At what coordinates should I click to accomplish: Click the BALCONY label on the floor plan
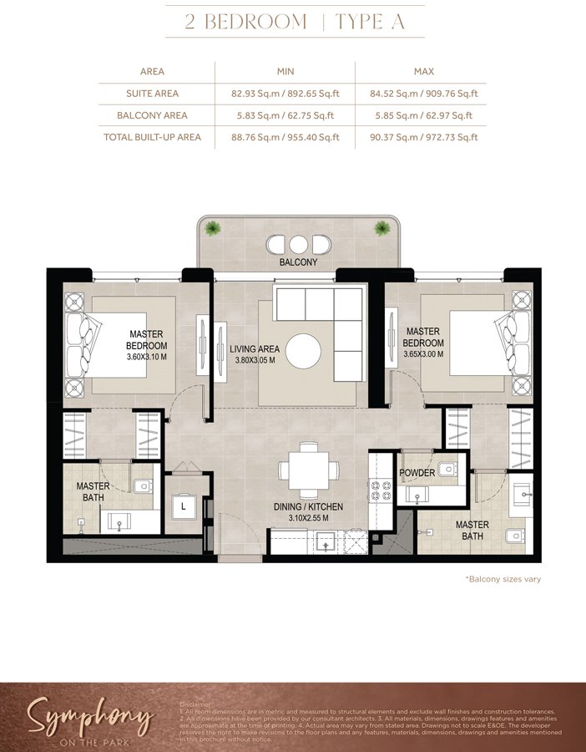coord(299,262)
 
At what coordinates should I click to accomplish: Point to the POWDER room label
coord(417,473)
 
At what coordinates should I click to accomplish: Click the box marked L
coord(183,504)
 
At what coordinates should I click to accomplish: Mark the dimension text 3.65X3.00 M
coord(422,354)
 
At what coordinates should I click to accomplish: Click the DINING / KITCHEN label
coord(308,506)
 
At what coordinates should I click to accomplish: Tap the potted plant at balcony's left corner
coord(215,227)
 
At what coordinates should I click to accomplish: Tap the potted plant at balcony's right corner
coord(382,227)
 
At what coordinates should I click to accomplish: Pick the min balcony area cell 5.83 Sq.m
coord(285,115)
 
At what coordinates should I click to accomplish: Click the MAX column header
coord(424,72)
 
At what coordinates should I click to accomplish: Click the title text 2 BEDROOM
coord(246,23)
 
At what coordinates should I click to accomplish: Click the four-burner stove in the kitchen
coord(376,490)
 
